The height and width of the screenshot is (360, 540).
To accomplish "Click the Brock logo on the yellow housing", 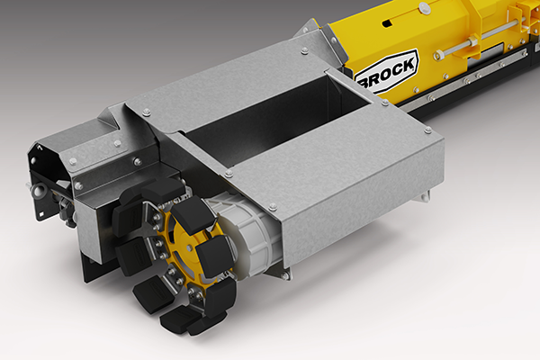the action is click(386, 72).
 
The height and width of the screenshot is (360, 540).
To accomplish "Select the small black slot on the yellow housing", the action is click(387, 23).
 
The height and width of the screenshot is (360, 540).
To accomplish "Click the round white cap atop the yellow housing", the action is click(425, 7).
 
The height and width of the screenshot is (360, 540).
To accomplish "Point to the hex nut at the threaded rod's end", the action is click(439, 55).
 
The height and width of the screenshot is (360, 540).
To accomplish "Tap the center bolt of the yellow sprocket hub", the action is click(189, 247).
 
